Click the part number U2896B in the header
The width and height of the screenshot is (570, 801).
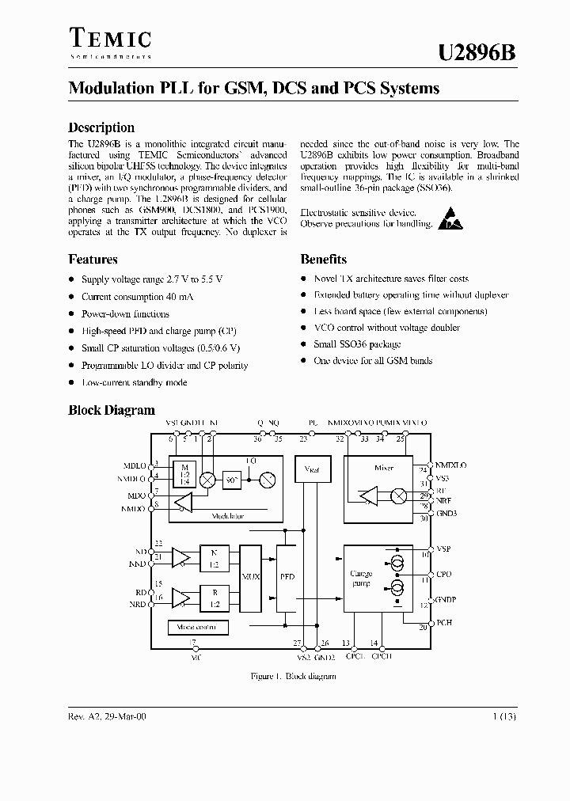pyautogui.click(x=478, y=51)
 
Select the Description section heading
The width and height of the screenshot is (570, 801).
pyautogui.click(x=101, y=127)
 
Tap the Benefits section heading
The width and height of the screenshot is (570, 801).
pyautogui.click(x=323, y=259)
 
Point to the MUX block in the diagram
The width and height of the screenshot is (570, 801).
pyautogui.click(x=250, y=577)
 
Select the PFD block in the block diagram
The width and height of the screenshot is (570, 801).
pyautogui.click(x=286, y=577)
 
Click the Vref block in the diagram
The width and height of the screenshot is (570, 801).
pyautogui.click(x=310, y=468)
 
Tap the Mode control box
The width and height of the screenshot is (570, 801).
pyautogui.click(x=198, y=627)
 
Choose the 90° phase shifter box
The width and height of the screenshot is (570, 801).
pyautogui.click(x=233, y=480)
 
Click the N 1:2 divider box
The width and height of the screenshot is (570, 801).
pyautogui.click(x=214, y=558)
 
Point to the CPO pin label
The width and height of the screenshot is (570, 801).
pyautogui.click(x=443, y=575)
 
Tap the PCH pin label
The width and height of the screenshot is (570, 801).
pyautogui.click(x=444, y=623)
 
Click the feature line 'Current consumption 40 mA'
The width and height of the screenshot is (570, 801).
pyautogui.click(x=137, y=297)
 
